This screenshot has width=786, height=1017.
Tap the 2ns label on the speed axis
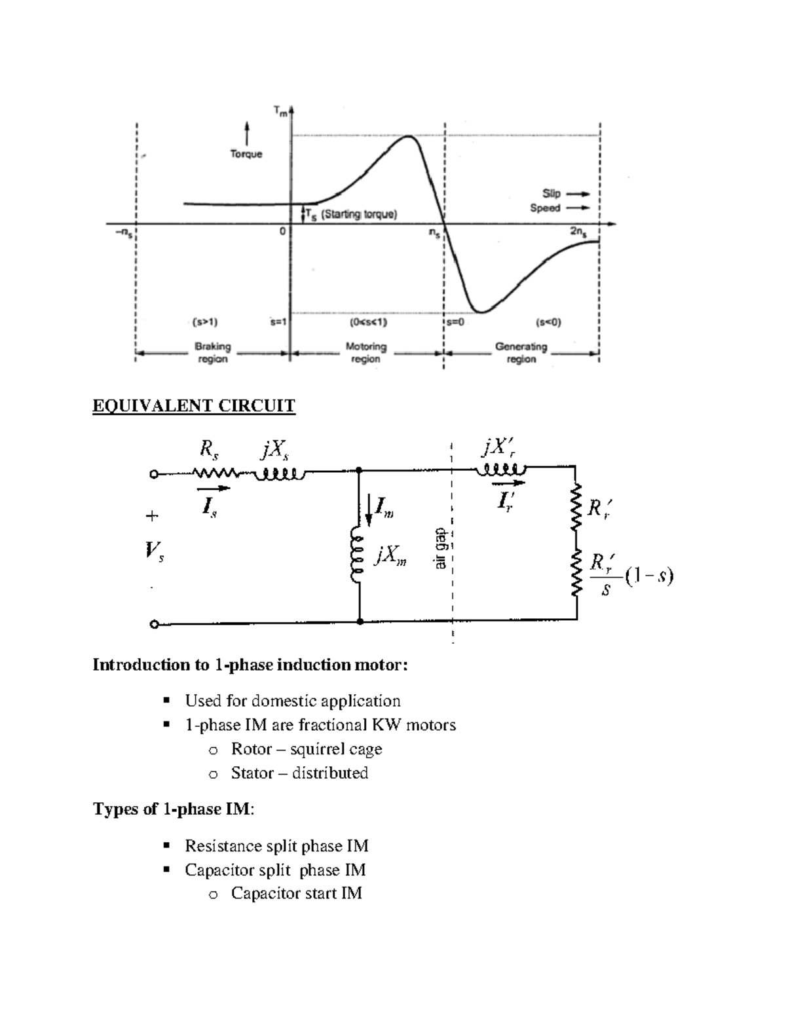pos(578,232)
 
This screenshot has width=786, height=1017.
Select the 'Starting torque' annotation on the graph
pos(358,214)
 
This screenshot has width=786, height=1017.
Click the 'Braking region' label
pos(213,352)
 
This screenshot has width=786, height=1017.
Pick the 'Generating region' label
pos(521,352)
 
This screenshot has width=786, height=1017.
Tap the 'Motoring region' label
pos(365,352)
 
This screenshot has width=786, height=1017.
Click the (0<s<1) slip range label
pos(368,322)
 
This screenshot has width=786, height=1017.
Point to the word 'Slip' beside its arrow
pos(551,193)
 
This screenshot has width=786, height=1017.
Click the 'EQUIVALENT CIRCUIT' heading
pos(194,406)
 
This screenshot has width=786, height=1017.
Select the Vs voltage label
pos(155,551)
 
